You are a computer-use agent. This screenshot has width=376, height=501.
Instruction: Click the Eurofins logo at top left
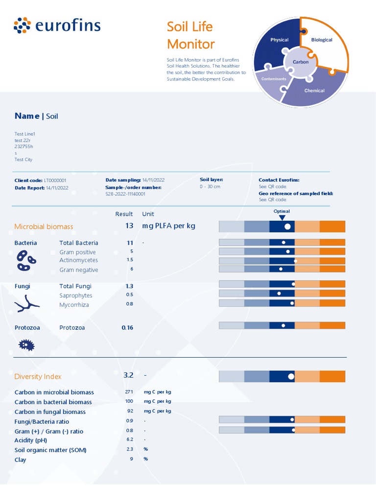(x=57, y=25)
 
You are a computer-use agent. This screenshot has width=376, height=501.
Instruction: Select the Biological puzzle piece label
(x=322, y=40)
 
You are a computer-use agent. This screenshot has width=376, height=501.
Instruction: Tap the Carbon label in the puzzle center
(x=301, y=62)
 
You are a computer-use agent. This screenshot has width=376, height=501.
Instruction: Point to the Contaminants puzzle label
(x=274, y=79)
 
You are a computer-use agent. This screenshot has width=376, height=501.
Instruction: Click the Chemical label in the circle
(x=314, y=91)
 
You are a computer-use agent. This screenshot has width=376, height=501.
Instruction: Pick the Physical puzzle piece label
(x=280, y=40)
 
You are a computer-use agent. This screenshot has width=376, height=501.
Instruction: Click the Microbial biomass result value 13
(x=129, y=226)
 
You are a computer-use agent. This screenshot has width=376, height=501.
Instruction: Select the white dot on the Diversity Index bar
(x=291, y=376)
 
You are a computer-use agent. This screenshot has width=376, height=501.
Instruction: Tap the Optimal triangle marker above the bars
(x=282, y=217)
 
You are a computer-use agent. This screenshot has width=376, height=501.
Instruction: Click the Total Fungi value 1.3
(x=129, y=286)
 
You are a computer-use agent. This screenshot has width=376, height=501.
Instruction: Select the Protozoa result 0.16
(x=127, y=327)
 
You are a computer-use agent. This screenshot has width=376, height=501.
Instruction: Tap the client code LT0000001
(x=55, y=181)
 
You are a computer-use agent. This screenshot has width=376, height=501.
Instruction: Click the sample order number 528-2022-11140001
(x=125, y=194)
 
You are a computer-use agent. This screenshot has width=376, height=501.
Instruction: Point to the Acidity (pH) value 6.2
(x=129, y=440)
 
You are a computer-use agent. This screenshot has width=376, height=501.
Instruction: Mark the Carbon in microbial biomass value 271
(x=129, y=392)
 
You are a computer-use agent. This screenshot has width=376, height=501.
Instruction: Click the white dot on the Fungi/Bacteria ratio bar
(x=292, y=419)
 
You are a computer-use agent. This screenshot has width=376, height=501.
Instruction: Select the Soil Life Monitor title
(x=190, y=35)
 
